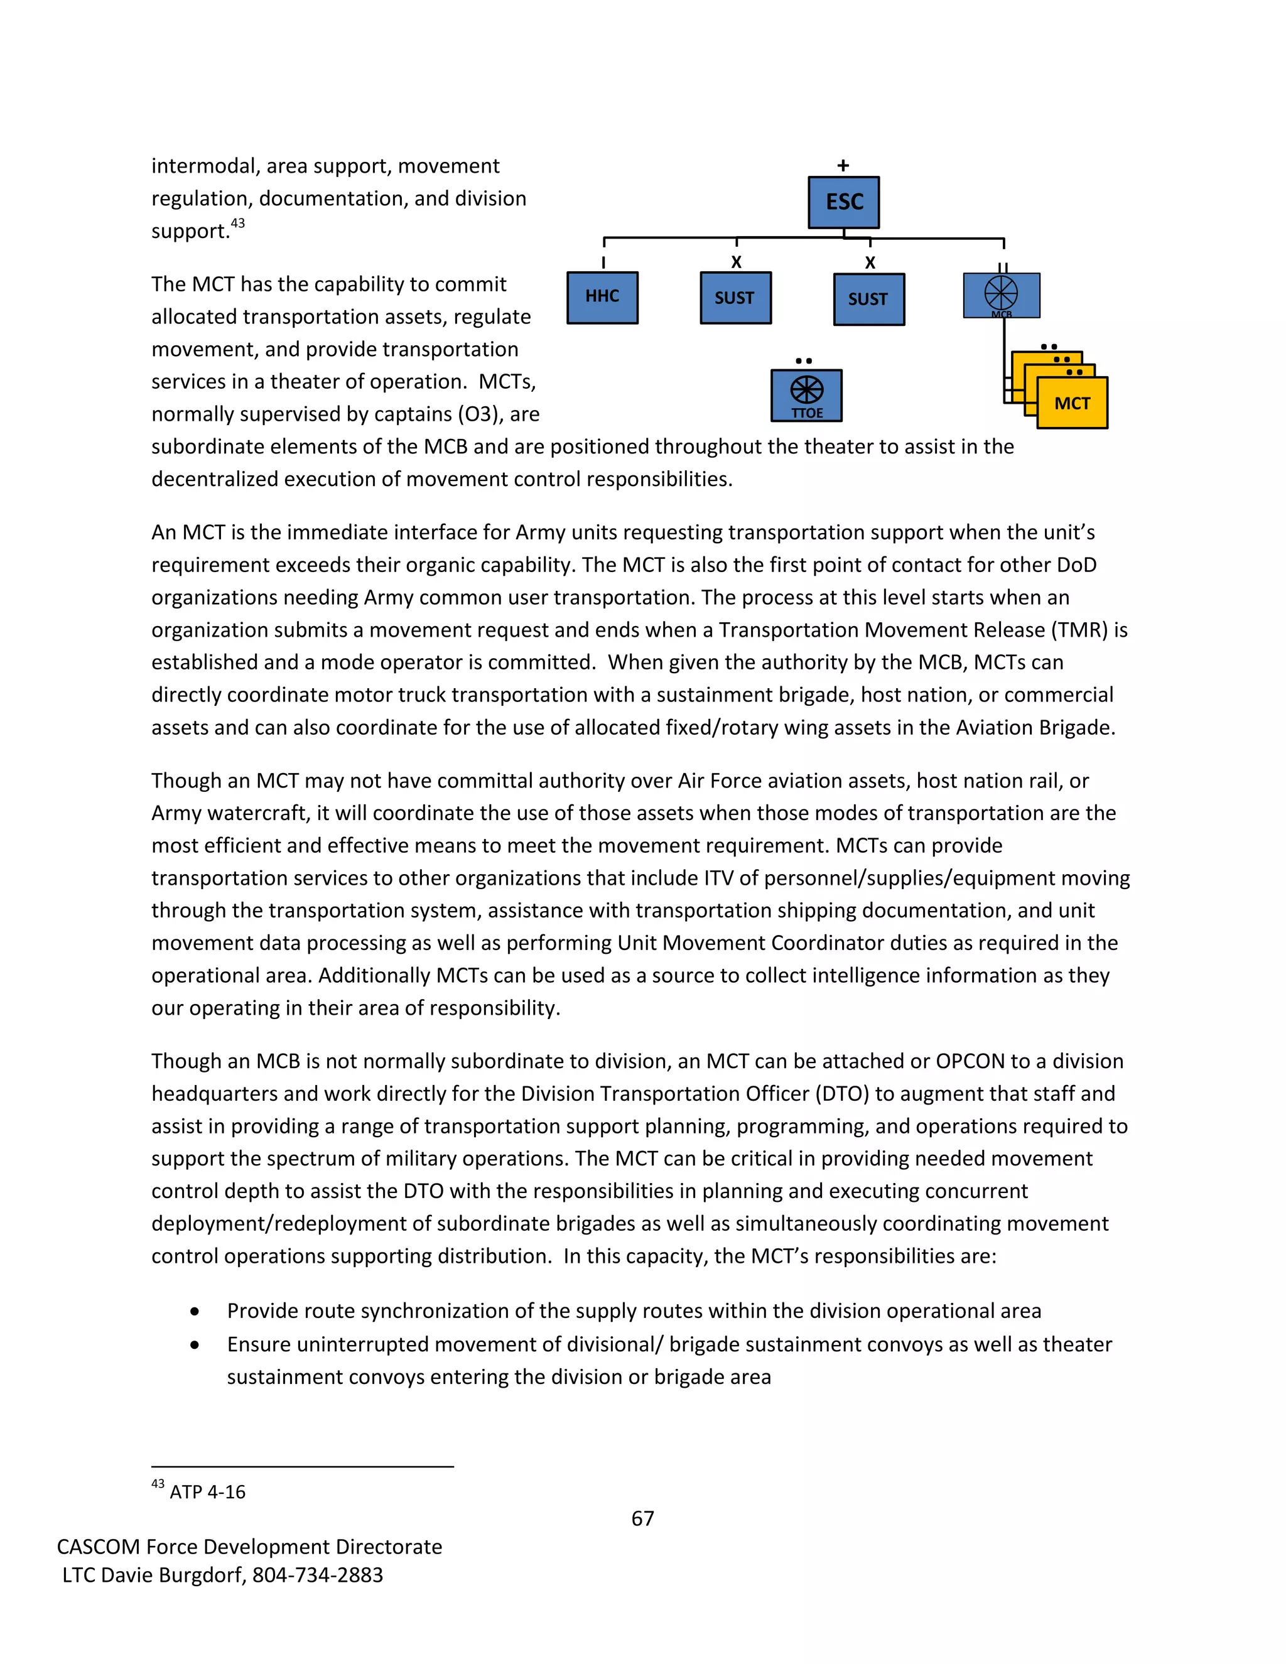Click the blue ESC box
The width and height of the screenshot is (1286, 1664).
(843, 202)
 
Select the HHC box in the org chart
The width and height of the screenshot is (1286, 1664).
(602, 297)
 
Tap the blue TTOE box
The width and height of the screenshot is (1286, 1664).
(806, 396)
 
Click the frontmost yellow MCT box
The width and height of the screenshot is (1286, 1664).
(1072, 403)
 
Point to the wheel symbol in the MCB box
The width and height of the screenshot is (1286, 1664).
(1000, 293)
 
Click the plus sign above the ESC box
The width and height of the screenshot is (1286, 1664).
(843, 165)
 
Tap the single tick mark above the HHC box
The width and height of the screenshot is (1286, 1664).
(603, 262)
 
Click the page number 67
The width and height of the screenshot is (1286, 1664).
(642, 1518)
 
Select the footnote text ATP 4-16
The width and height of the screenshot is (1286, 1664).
(207, 1492)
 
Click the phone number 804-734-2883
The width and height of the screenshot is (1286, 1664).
(318, 1575)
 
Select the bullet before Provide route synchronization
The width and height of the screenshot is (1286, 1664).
(196, 1312)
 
